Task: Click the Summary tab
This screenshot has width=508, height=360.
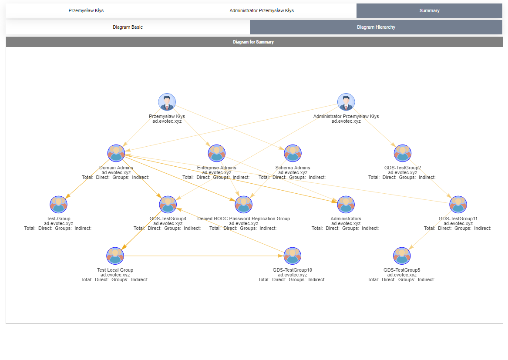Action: point(429,10)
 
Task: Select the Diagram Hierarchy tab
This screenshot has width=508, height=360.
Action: point(376,27)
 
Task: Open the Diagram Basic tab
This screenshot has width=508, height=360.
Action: point(128,27)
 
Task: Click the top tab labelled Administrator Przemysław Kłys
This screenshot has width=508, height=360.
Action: point(262,10)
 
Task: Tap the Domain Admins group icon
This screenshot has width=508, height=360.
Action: point(116,153)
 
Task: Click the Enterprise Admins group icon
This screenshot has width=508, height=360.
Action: point(217,153)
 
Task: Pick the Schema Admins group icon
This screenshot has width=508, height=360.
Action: point(293,153)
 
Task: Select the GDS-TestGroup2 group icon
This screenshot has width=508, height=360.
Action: point(403,153)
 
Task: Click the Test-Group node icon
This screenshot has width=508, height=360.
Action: point(58,205)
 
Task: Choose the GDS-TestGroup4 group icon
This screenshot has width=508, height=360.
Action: point(168,205)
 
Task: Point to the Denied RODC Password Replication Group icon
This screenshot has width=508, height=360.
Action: point(244,205)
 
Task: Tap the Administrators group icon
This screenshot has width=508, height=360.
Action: point(346,205)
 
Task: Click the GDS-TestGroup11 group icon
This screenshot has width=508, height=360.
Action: point(458,205)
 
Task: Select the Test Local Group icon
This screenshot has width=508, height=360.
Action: point(115,256)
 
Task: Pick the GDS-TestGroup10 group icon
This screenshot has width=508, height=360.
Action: point(293,256)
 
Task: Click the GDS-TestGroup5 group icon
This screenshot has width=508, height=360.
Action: point(402,256)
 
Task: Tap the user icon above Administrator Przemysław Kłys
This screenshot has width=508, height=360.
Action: point(346,102)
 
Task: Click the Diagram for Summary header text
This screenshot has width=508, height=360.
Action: point(253,42)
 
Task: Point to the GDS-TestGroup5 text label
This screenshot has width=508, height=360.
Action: point(402,270)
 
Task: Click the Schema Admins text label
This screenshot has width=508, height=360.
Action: point(293,168)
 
